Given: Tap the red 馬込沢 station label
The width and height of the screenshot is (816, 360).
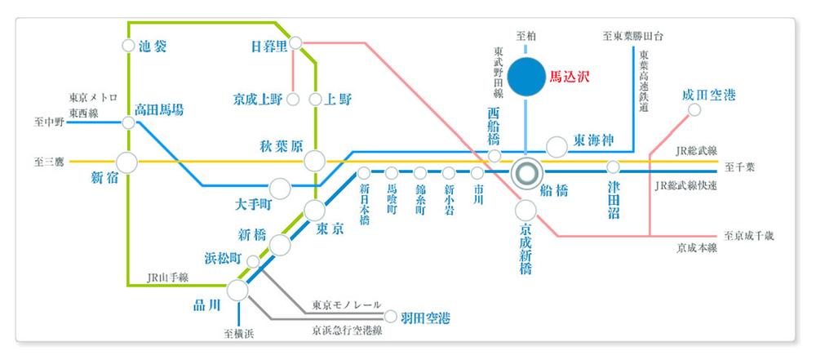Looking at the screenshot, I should pyautogui.click(x=569, y=78).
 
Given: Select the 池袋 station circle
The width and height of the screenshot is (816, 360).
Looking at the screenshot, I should pyautogui.click(x=129, y=47).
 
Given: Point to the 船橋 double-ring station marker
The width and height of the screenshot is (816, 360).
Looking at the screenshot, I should pyautogui.click(x=526, y=172).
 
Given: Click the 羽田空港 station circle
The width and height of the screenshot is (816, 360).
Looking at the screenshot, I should pyautogui.click(x=391, y=317).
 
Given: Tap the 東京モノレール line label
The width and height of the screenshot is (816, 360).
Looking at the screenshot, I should pyautogui.click(x=347, y=305).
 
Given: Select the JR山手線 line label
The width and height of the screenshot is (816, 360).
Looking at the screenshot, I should pyautogui.click(x=165, y=277).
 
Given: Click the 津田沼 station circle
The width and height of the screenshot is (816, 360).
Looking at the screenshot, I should pyautogui.click(x=613, y=167).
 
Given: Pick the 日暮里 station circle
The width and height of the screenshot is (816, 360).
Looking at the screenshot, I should pyautogui.click(x=295, y=42).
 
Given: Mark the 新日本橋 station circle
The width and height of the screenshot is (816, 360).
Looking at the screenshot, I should pyautogui.click(x=364, y=173).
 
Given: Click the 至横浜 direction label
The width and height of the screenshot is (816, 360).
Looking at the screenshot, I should pyautogui.click(x=240, y=333).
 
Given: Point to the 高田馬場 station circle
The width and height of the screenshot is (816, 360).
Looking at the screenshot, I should pyautogui.click(x=128, y=122).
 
